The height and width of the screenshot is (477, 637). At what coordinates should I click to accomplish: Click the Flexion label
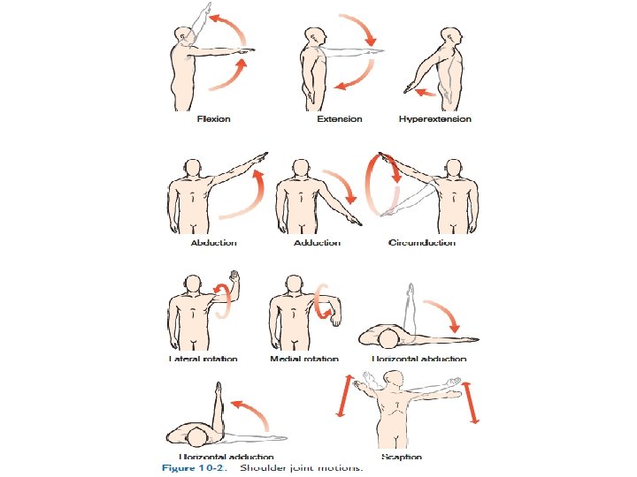(214, 119)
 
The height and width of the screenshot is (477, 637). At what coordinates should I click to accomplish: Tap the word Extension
(339, 119)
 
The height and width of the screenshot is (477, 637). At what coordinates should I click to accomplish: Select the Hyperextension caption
(435, 119)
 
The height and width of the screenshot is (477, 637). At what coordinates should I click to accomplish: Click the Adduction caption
(318, 243)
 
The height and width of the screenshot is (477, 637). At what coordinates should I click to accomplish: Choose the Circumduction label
(422, 243)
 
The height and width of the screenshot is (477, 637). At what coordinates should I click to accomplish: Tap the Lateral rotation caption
(203, 360)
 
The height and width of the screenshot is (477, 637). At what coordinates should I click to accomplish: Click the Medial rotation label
(304, 360)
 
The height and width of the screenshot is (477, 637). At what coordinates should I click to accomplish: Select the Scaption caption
(403, 457)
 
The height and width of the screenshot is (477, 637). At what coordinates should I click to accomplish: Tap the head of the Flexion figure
(183, 35)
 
